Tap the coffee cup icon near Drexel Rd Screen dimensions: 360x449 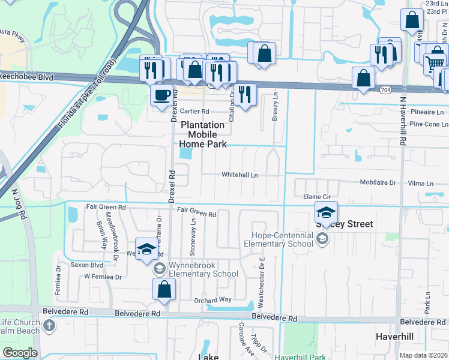161,95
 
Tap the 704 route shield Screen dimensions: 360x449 386,90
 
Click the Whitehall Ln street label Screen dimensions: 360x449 240,175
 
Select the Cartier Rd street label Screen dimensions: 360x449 194,112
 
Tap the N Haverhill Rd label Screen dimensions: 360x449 403,122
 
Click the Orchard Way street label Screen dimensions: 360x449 212,300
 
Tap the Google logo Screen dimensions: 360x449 20,353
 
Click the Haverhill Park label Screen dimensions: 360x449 300,357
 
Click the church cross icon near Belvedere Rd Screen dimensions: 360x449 49,327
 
